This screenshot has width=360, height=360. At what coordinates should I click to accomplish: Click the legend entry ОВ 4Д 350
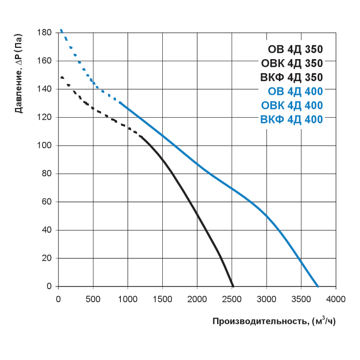coord(295,50)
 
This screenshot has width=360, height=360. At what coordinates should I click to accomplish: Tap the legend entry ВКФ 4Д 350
coord(291,77)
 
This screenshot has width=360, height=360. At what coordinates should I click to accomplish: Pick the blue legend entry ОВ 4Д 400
coord(295,91)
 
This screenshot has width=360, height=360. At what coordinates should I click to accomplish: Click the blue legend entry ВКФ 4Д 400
coord(291,119)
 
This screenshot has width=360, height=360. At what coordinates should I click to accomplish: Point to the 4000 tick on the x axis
coord(336,298)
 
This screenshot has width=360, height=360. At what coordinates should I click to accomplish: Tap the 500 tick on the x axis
coord(93,298)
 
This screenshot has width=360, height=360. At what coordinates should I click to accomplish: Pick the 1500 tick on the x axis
coord(162,298)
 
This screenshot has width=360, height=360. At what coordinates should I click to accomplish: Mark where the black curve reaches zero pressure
coord(233,286)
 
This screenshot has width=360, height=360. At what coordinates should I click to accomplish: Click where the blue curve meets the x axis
coord(318,286)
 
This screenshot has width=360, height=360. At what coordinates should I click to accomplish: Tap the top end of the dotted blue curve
coord(61,30)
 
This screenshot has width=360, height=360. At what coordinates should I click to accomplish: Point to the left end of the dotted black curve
coord(61,77)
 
